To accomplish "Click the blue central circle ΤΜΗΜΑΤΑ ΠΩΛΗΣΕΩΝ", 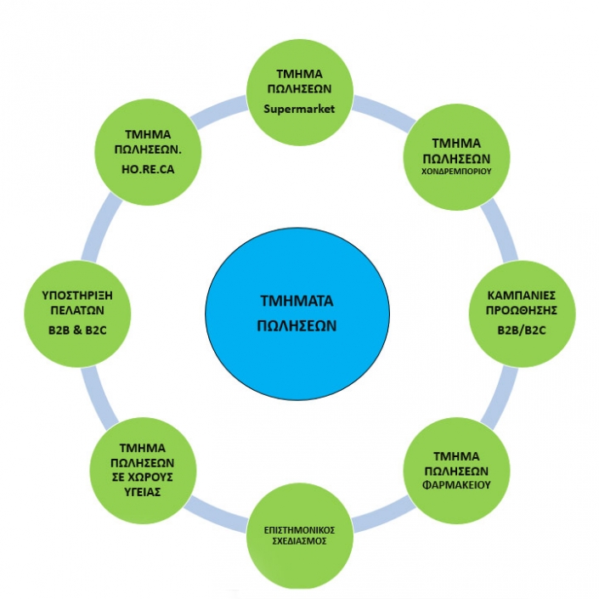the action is click(x=297, y=314).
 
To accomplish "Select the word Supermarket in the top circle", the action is click(x=299, y=109).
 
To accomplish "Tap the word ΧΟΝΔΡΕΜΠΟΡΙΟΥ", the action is click(x=456, y=171).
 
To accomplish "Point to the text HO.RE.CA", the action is click(x=148, y=169).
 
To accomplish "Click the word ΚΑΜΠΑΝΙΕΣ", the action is click(x=522, y=296).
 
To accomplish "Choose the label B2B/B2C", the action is click(x=522, y=330).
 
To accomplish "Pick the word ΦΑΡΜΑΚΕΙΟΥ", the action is click(x=456, y=485).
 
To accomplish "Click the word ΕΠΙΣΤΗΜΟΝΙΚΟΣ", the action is click(x=299, y=530).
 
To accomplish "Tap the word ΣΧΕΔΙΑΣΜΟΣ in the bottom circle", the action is click(x=299, y=541).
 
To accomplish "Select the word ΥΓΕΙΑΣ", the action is click(x=143, y=492).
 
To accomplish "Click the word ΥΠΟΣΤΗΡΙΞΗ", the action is click(x=77, y=296).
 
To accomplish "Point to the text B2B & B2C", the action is click(x=77, y=330).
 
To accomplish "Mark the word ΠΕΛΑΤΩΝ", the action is click(x=77, y=310).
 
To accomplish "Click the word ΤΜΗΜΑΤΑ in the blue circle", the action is click(x=297, y=301).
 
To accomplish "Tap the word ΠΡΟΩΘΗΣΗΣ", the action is click(x=522, y=310).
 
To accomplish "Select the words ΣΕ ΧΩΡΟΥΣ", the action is click(x=143, y=478).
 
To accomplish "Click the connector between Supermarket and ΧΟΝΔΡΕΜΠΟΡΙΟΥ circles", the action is click(x=383, y=112).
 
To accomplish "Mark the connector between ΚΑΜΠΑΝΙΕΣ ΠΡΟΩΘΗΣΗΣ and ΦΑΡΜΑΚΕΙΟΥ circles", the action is click(x=500, y=398).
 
